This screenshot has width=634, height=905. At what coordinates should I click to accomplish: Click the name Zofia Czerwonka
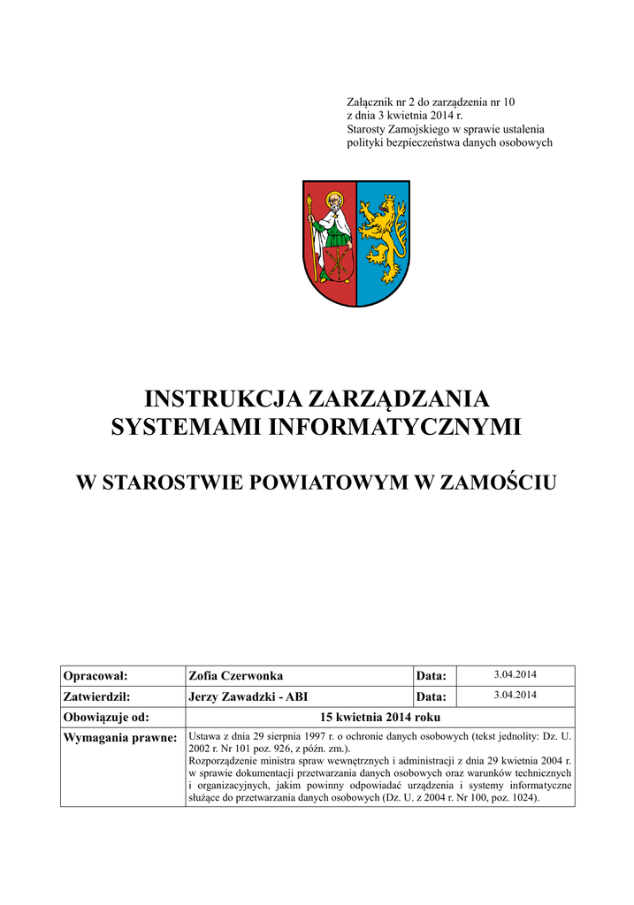coord(236,676)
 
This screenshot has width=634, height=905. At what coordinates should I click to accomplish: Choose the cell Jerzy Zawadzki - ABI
coord(248,696)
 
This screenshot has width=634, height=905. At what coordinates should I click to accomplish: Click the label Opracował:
coord(95,676)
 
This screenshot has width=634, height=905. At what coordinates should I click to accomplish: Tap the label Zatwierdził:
coord(97,696)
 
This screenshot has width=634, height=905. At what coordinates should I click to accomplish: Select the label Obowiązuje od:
coord(105,718)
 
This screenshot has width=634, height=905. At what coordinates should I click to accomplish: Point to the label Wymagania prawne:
coord(120,737)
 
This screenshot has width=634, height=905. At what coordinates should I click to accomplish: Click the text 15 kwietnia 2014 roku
coord(380,718)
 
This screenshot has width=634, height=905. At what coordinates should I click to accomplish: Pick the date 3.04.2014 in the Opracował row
coord(515,675)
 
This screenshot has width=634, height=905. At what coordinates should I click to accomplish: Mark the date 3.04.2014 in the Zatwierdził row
coord(515,696)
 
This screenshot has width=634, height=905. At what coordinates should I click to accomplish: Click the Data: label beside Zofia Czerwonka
coord(432,676)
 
